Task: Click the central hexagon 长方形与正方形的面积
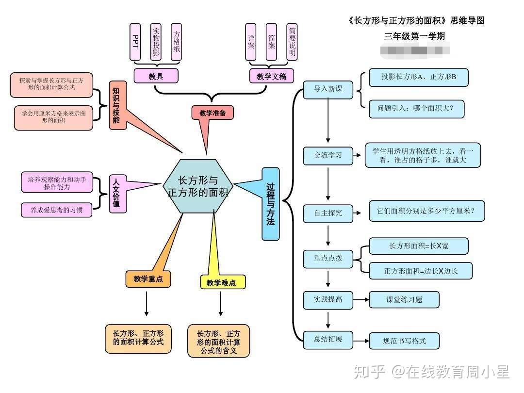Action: [x=198, y=186]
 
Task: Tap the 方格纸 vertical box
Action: [x=177, y=42]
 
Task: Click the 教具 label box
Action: [x=156, y=76]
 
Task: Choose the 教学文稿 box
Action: [x=271, y=76]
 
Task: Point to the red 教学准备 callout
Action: [x=213, y=113]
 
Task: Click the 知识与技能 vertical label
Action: [x=117, y=105]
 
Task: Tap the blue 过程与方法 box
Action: [x=271, y=204]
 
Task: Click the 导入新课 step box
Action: [x=328, y=90]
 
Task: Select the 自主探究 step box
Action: [x=328, y=213]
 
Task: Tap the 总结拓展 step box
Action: [x=328, y=339]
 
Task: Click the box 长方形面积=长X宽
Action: [x=418, y=246]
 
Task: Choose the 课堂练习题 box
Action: [x=404, y=299]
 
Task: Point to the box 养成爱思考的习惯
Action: [x=56, y=210]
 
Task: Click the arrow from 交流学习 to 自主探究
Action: [x=328, y=184]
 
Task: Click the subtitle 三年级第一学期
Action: [x=414, y=36]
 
